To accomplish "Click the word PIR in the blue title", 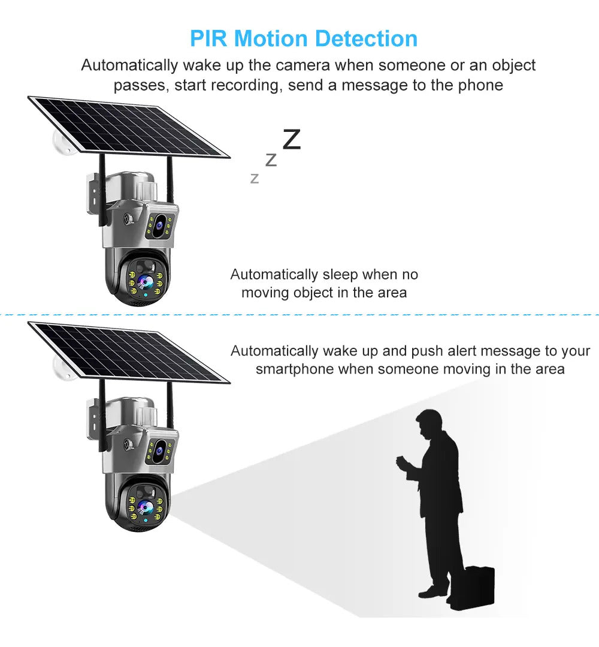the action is coord(208,39).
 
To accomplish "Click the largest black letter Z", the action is coord(292,139).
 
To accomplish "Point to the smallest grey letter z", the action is coord(255,179).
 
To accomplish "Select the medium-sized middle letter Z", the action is coord(271,160).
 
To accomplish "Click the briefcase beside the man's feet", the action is coord(473,588).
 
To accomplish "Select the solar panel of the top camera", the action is coord(128,127).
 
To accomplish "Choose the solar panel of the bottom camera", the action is coord(128,353).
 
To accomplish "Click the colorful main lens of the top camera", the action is coord(144,282).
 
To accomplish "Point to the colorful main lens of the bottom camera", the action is coord(144,507).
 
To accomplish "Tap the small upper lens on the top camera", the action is coord(159,225).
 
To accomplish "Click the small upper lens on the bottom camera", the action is coord(159,451).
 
